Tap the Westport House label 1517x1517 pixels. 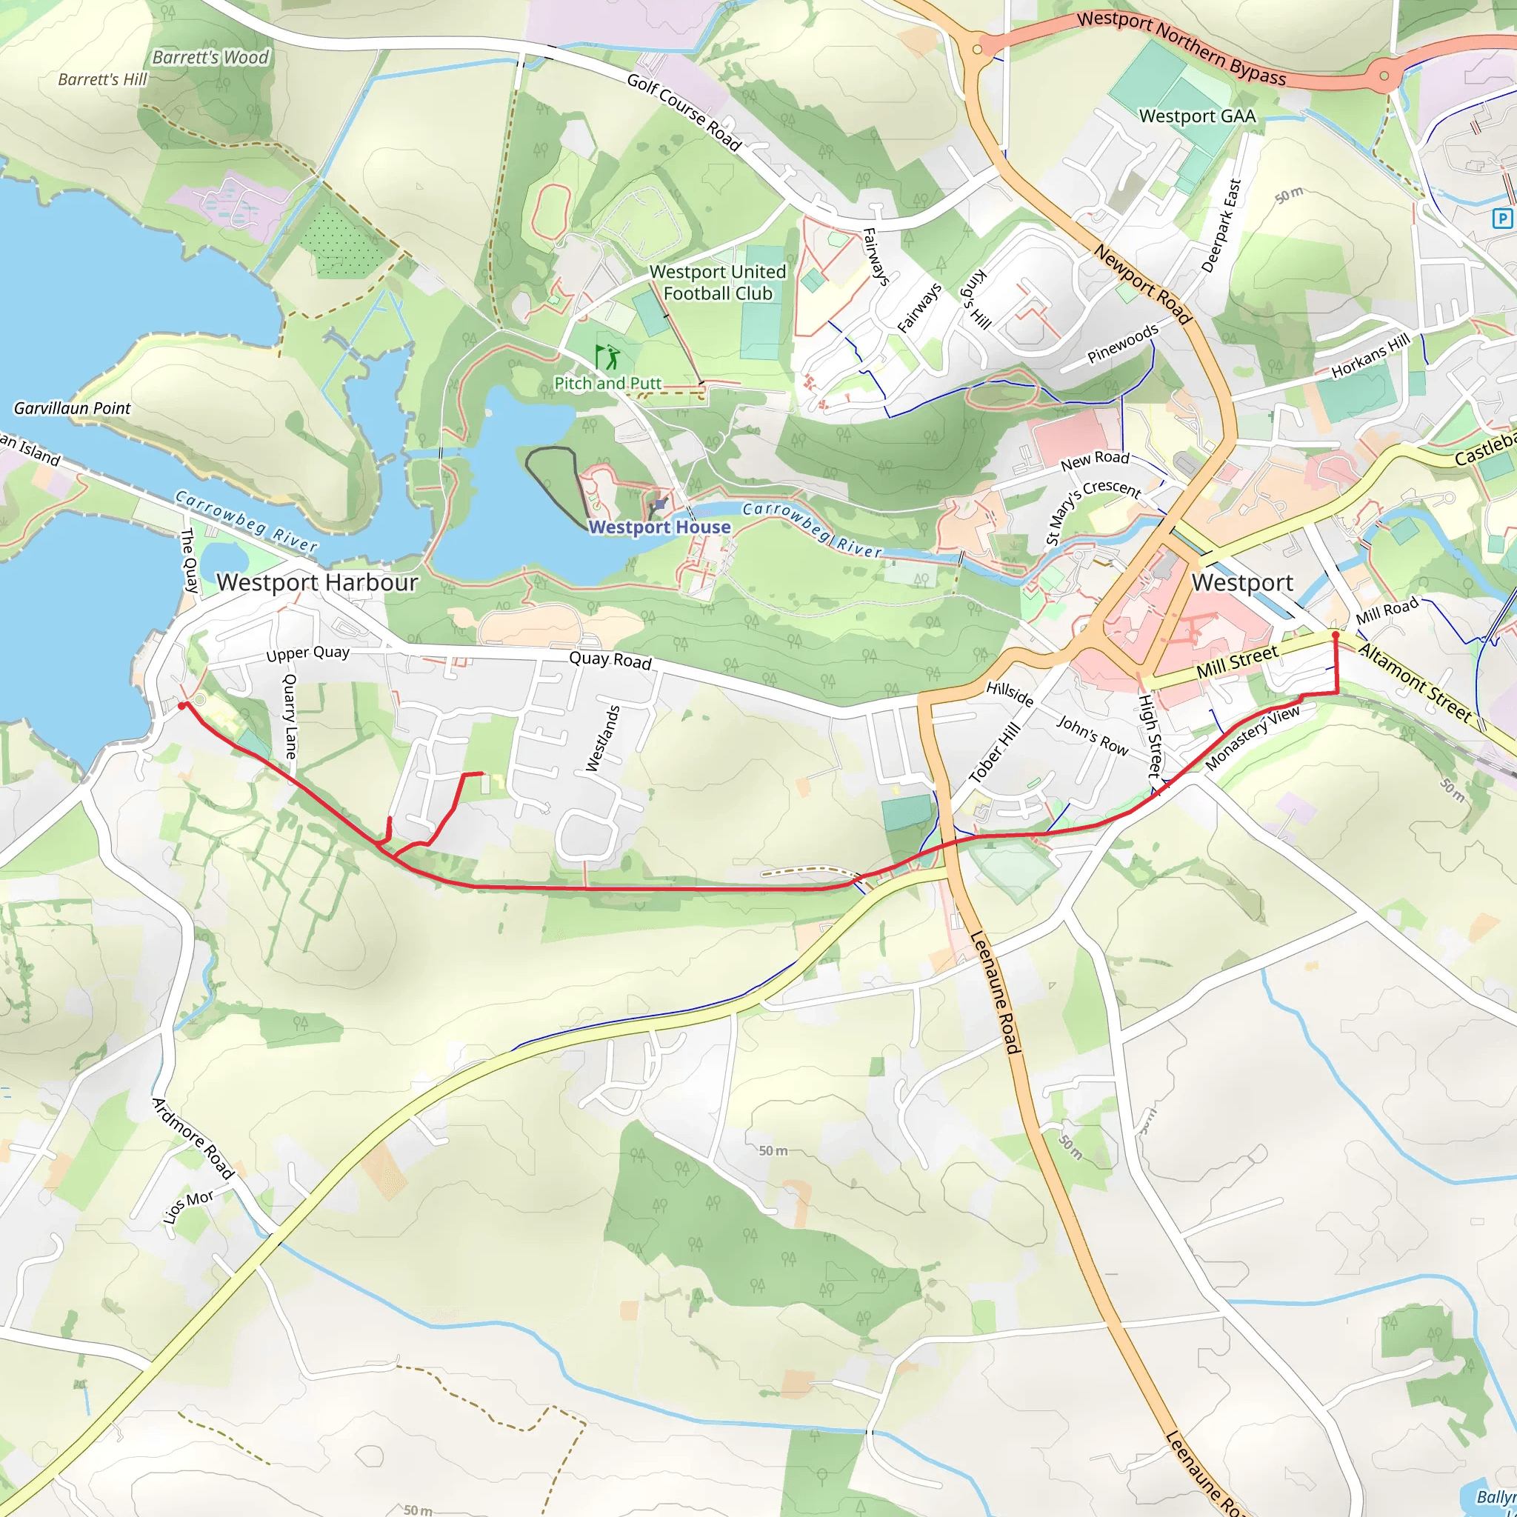pos(659,527)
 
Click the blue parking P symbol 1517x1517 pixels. pos(1502,219)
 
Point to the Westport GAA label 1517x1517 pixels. pos(1198,116)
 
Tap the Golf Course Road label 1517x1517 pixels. pos(684,112)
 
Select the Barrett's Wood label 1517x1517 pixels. pos(210,57)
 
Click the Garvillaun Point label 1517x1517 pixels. pos(73,407)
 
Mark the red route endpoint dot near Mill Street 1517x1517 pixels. pos(1335,635)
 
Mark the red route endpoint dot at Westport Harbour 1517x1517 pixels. pos(182,706)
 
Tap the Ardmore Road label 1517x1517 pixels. pos(193,1138)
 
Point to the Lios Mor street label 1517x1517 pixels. pos(188,1205)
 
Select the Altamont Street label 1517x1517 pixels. pos(1415,682)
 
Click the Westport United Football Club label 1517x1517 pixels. pos(718,283)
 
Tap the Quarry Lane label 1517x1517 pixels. pos(290,716)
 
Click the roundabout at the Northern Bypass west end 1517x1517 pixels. pos(977,49)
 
